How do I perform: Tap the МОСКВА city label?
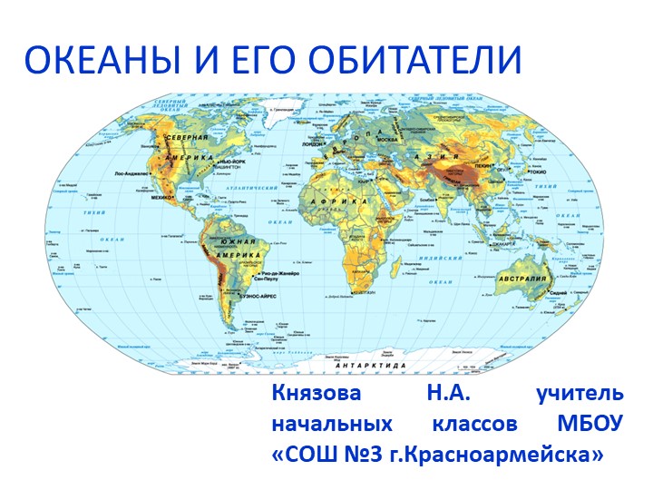pyautogui.click(x=388, y=139)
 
